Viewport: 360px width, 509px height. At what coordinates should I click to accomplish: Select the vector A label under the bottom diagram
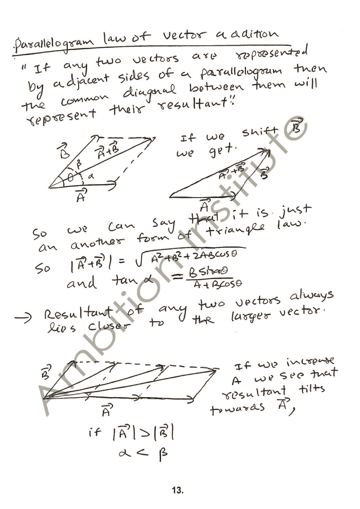pyautogui.click(x=106, y=410)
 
